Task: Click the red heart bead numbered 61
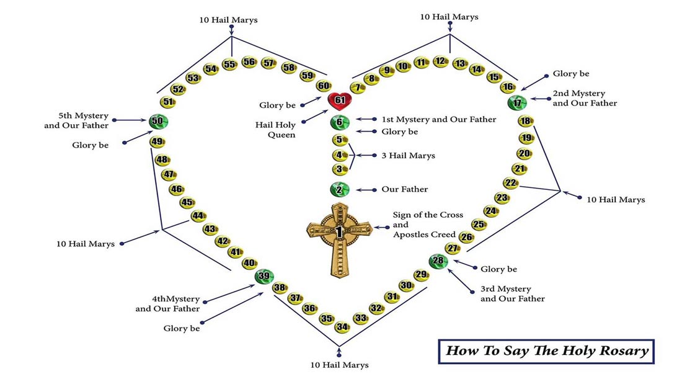340,100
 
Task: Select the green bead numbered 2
340,190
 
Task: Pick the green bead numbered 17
516,103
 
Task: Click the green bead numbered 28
438,261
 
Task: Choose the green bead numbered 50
157,121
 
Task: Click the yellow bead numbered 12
440,61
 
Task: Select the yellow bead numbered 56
249,61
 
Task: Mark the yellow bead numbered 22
510,183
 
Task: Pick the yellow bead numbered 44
198,216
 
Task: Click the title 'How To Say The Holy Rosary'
547,351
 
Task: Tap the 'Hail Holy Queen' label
276,128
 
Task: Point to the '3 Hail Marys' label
408,156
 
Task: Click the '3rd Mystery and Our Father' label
512,294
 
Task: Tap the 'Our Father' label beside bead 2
404,189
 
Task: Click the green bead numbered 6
340,122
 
